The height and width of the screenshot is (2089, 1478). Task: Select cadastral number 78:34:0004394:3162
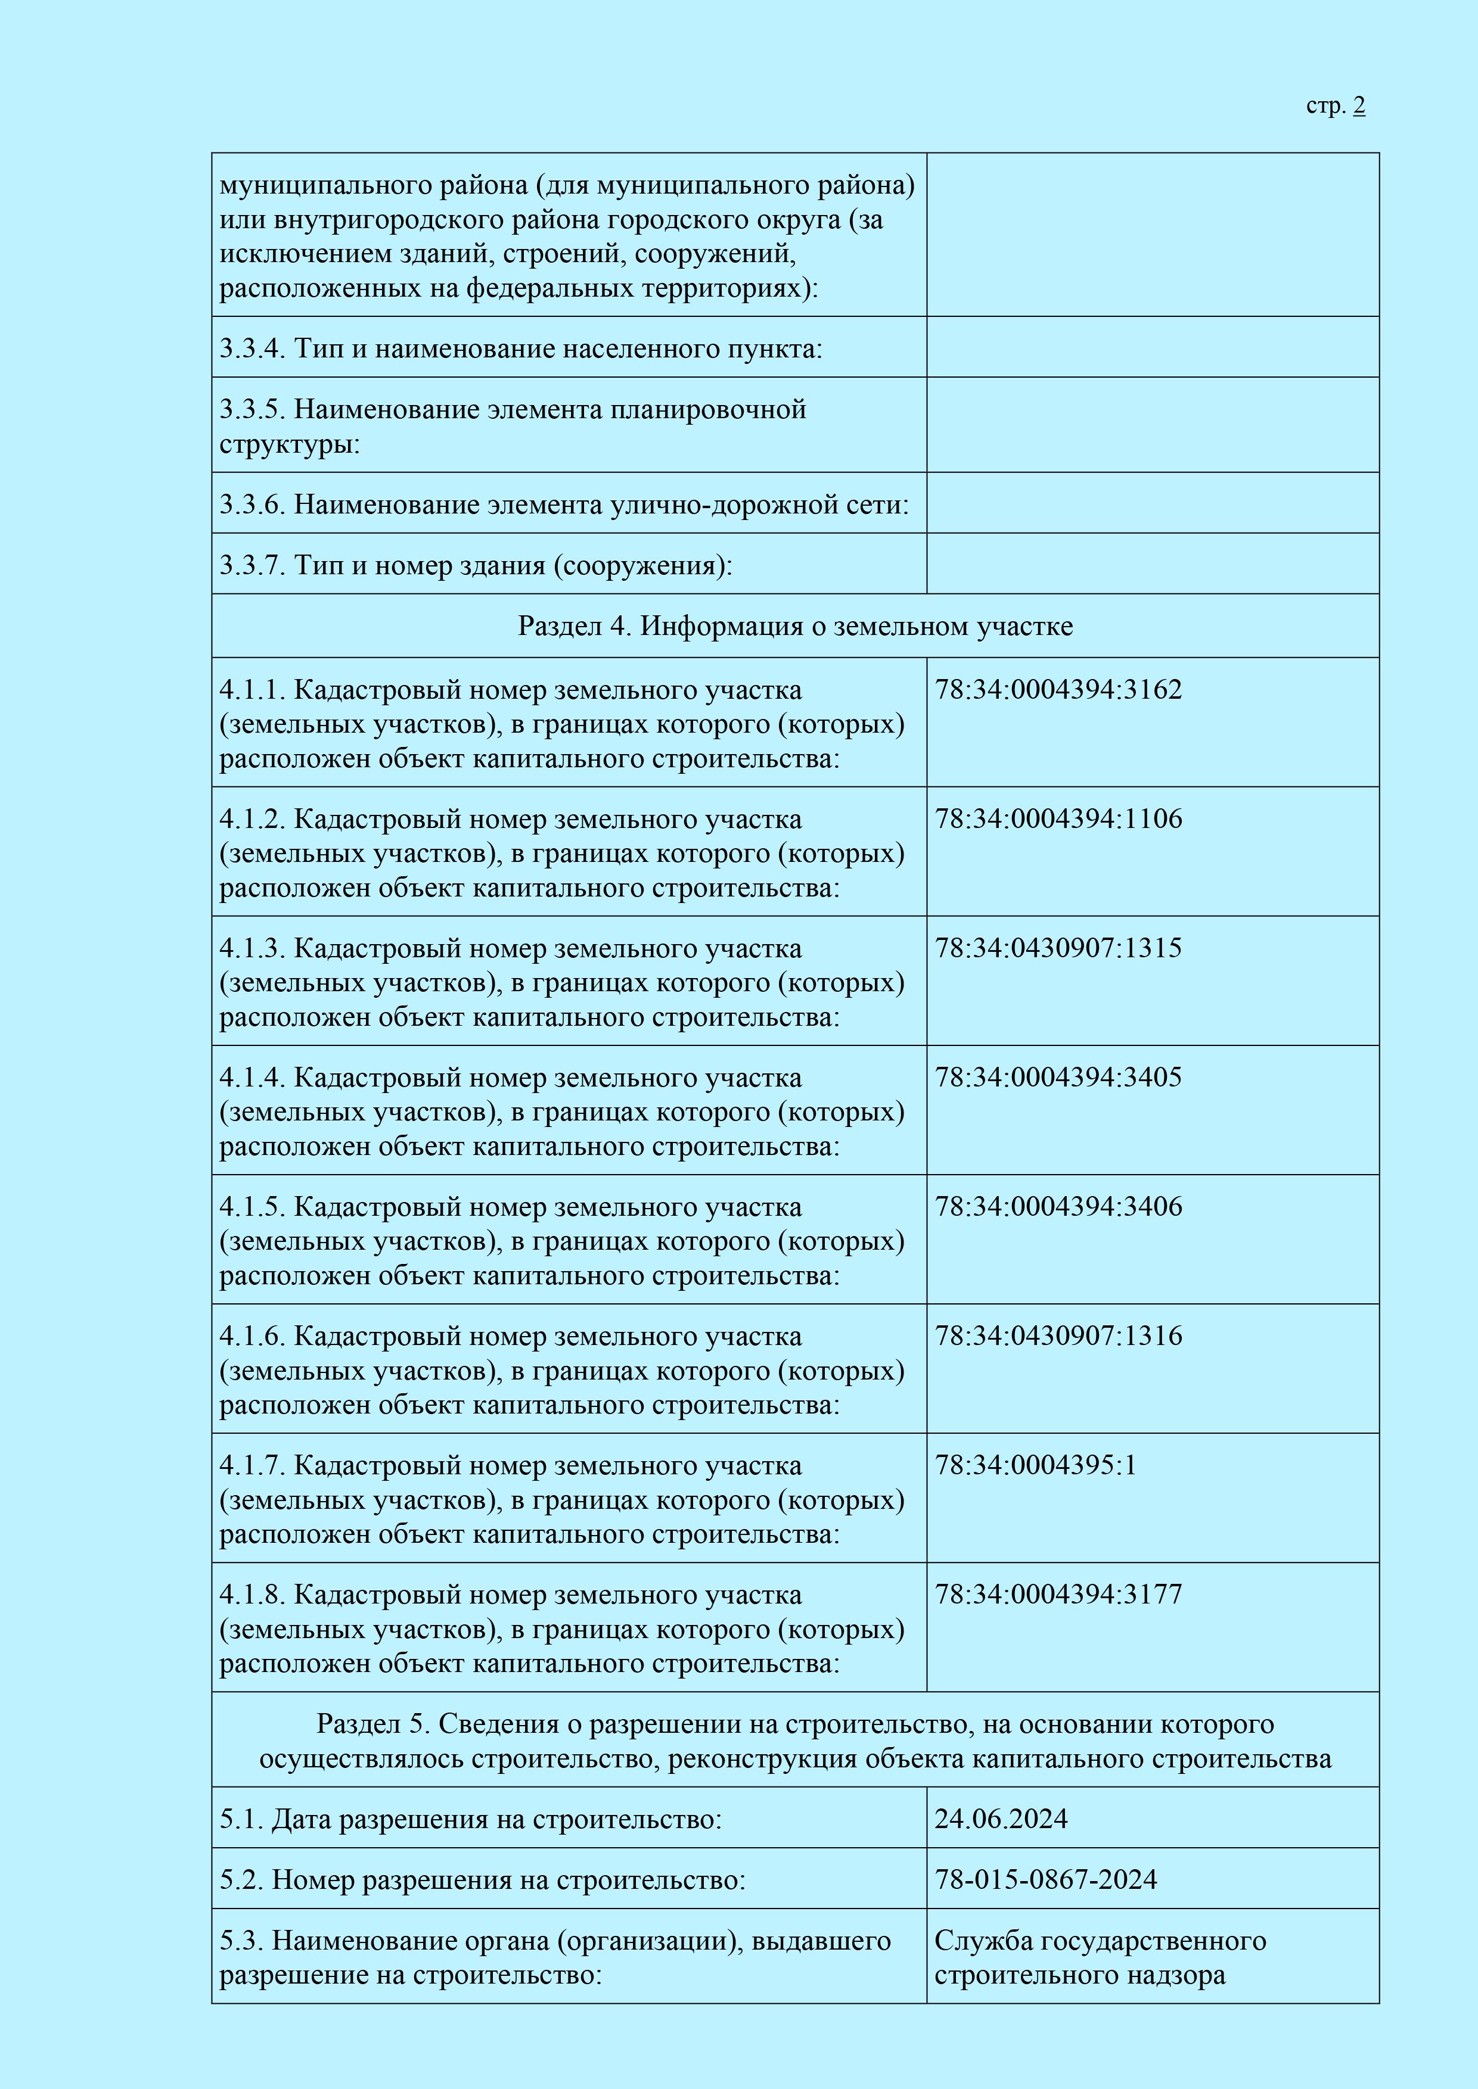(x=1058, y=690)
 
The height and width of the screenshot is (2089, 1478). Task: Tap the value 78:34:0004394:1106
(x=1058, y=819)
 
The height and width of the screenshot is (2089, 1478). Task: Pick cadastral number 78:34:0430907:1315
(x=1058, y=948)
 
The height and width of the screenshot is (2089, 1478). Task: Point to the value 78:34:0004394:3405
(x=1058, y=1077)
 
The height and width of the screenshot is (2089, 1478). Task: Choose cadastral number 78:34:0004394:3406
(x=1058, y=1206)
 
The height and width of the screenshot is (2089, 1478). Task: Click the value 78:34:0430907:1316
(x=1058, y=1335)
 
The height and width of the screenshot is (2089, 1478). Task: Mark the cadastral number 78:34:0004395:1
(x=1036, y=1465)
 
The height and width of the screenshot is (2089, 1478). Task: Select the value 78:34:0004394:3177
(x=1058, y=1594)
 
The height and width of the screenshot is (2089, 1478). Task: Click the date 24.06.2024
(x=1001, y=1819)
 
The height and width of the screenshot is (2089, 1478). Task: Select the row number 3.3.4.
(x=252, y=348)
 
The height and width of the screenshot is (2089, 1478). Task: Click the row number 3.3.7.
(x=252, y=566)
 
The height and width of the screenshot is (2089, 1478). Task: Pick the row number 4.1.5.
(x=252, y=1207)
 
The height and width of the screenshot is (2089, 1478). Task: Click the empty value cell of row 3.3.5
(x=1152, y=425)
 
